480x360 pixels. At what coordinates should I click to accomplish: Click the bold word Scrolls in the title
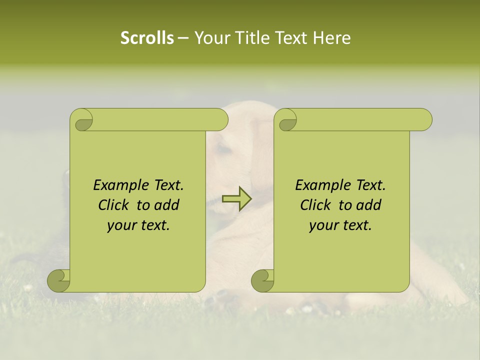click(147, 38)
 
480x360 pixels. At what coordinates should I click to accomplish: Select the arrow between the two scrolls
click(236, 199)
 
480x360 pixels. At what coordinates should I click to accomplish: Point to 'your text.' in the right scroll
click(340, 225)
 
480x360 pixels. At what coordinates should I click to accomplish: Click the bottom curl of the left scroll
click(58, 280)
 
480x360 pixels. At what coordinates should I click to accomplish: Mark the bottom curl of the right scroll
click(262, 280)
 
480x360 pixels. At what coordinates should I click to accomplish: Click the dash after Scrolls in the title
click(183, 38)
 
